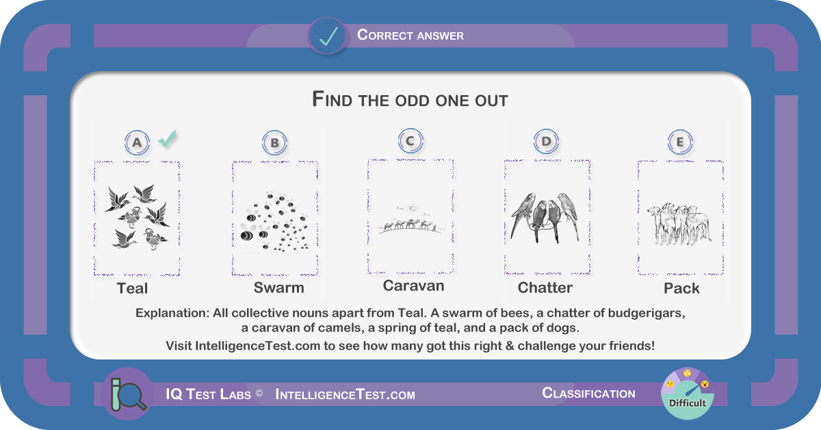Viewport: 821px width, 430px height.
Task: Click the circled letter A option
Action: click(137, 142)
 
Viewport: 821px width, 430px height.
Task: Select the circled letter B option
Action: click(274, 142)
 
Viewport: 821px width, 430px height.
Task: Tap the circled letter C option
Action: click(410, 141)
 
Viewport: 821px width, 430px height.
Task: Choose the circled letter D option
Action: click(546, 141)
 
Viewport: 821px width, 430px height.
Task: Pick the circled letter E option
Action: click(680, 142)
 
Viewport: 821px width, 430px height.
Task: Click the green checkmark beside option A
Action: click(168, 139)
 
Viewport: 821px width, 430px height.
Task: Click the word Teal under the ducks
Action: click(132, 288)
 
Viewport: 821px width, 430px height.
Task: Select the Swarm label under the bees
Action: click(279, 288)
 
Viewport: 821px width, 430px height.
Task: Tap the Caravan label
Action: click(413, 286)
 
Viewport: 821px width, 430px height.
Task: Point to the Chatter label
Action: click(545, 288)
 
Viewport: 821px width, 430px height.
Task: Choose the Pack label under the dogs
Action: click(681, 288)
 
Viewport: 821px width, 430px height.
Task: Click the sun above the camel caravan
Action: click(413, 207)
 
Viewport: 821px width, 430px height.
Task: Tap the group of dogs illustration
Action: click(679, 224)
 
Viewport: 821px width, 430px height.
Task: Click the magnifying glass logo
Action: click(127, 394)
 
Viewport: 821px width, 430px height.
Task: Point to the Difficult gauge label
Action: click(687, 403)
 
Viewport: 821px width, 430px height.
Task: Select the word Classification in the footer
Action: click(588, 393)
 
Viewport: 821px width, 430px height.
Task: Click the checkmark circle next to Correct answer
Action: click(327, 36)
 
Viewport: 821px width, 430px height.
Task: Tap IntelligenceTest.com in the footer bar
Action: click(346, 394)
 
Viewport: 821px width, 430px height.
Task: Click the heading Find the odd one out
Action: click(410, 99)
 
